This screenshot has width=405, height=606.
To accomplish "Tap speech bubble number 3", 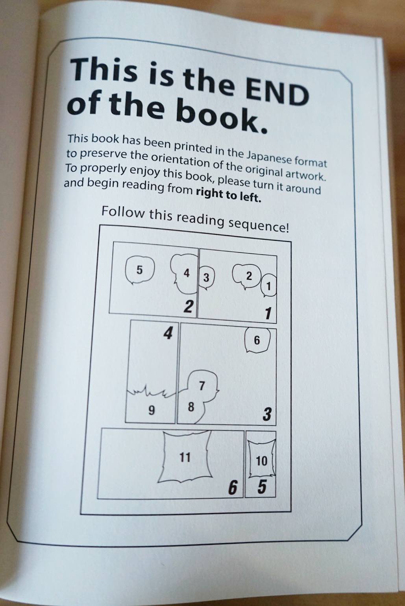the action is (206, 277).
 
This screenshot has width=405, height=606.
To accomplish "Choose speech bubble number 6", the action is (257, 340).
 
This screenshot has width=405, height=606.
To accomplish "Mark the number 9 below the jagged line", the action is (152, 410).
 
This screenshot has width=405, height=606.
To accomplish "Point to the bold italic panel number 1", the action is (268, 313).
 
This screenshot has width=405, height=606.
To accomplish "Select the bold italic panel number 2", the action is (188, 307).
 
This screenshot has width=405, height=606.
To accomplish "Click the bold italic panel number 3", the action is (267, 414).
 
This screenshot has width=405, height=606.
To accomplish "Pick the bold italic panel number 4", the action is (168, 333).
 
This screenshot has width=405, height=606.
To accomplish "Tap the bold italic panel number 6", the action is (233, 488).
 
